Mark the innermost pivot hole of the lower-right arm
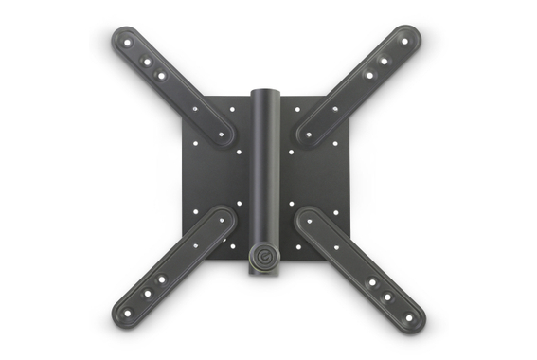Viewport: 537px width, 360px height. [307, 222]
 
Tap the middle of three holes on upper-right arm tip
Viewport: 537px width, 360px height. [385, 61]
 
